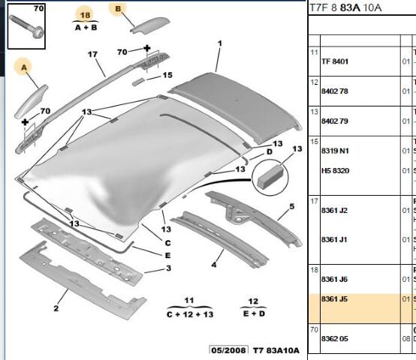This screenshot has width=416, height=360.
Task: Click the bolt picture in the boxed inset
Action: click(x=26, y=26)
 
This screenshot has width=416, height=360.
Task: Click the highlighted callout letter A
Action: click(x=24, y=67)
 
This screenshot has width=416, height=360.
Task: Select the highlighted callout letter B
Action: click(x=118, y=9)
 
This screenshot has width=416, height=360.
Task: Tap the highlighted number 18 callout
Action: click(x=85, y=15)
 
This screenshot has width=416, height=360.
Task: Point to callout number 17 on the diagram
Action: click(x=92, y=54)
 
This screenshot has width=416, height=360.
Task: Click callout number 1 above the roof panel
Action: click(x=220, y=43)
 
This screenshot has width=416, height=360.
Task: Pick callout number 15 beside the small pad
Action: click(x=167, y=75)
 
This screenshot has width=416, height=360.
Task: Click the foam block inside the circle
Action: click(x=270, y=176)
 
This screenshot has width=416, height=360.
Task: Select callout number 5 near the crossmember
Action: click(x=292, y=206)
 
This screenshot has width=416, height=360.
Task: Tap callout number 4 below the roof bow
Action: click(x=214, y=264)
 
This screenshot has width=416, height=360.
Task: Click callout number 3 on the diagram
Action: click(x=168, y=268)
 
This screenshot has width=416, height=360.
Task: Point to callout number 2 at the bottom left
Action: click(x=56, y=308)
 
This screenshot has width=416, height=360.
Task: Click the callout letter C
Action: click(x=167, y=243)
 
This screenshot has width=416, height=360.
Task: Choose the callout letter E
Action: click(x=167, y=255)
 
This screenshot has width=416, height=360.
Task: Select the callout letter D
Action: click(x=270, y=151)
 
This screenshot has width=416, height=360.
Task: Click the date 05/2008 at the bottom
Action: click(x=229, y=350)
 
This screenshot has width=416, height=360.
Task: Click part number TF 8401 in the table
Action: click(x=335, y=61)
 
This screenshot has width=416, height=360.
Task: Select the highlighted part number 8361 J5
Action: click(x=334, y=299)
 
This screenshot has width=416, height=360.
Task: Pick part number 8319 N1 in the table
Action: click(x=335, y=151)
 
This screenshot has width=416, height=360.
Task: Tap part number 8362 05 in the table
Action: click(x=335, y=338)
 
